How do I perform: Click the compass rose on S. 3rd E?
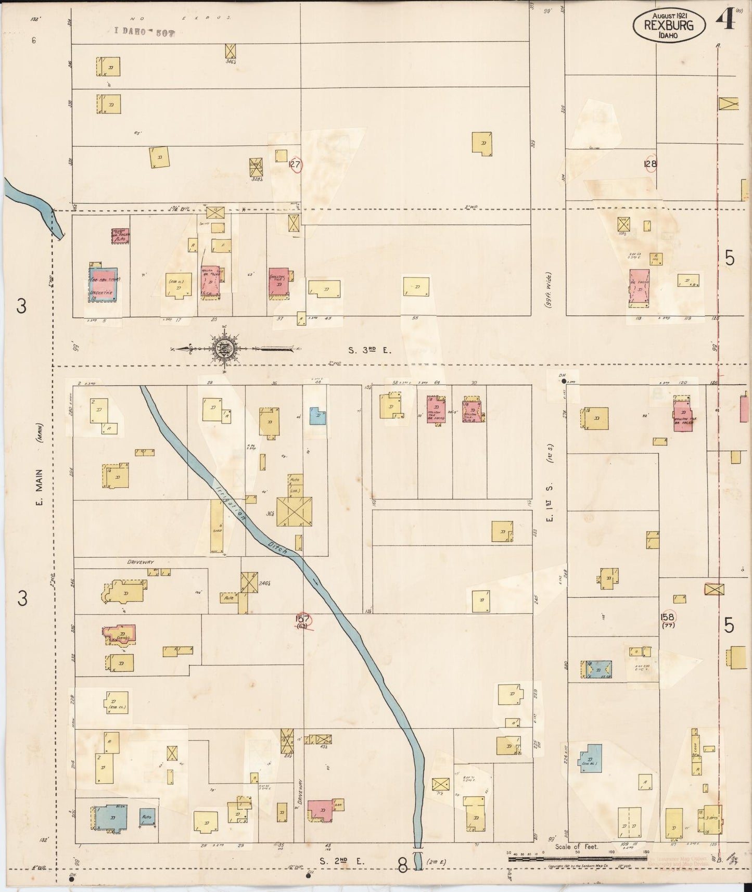225,349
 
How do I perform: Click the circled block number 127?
295,164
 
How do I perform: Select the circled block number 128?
650,163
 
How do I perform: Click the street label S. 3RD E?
369,350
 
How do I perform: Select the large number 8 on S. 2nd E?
402,864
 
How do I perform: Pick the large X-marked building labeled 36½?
294,512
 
